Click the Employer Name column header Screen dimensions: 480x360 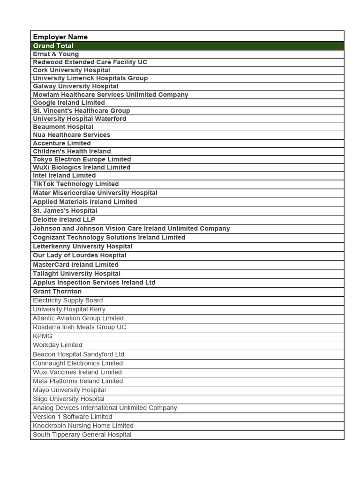[60, 37]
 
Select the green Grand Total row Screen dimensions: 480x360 [53, 46]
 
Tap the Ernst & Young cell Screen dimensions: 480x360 [56, 54]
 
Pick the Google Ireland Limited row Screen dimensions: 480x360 [69, 103]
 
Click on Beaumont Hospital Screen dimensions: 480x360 [63, 127]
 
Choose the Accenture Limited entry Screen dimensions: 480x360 [62, 143]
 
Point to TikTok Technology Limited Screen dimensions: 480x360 [75, 184]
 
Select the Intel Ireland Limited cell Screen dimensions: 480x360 [64, 175]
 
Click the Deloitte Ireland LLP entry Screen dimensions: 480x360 [64, 219]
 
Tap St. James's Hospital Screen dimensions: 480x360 [65, 210]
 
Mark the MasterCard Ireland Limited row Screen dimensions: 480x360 [75, 264]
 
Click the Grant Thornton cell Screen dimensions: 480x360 [57, 291]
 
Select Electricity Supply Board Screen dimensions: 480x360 [67, 300]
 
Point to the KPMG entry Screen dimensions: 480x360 [43, 336]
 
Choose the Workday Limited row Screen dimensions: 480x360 [57, 345]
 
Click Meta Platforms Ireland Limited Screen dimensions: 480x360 [78, 381]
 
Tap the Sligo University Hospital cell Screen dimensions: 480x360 [68, 399]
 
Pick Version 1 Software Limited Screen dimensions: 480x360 [72, 417]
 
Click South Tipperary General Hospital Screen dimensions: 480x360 [82, 435]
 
